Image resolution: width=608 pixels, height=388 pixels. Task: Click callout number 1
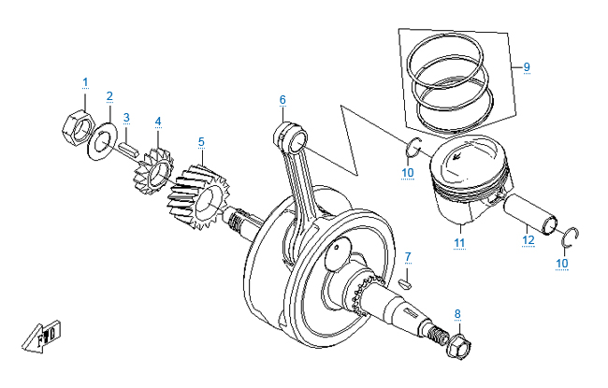(84, 83)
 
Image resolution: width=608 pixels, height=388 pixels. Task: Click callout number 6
(282, 99)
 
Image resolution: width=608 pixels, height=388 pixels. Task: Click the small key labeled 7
(405, 280)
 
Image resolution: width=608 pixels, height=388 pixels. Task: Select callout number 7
(407, 256)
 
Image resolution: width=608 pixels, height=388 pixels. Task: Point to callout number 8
(456, 313)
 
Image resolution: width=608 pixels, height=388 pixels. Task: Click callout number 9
(526, 67)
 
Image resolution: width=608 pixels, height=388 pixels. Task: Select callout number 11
(459, 244)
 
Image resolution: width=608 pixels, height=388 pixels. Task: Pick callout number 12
(528, 241)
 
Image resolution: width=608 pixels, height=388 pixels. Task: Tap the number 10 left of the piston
(407, 173)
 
